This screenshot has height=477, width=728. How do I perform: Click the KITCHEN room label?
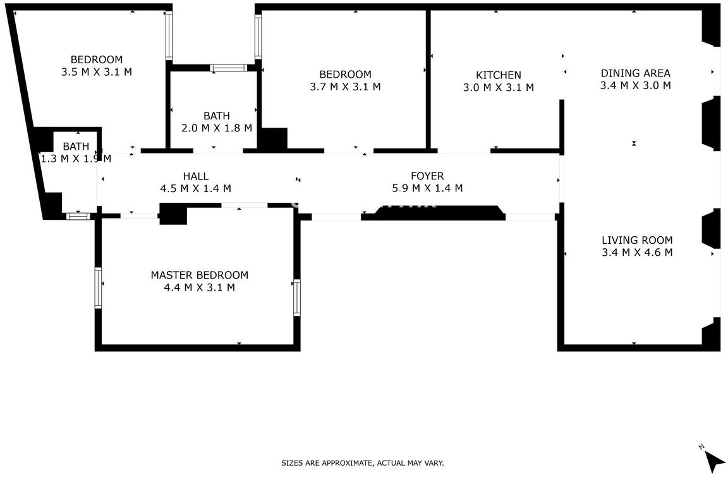coord(498,75)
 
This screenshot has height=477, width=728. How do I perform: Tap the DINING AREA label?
coord(635,73)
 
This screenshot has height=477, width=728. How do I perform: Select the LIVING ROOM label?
coord(637,240)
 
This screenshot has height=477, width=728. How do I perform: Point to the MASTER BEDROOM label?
coord(199,275)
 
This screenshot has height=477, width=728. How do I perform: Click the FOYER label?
coord(427,176)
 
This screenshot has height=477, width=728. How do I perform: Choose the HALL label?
coord(195,176)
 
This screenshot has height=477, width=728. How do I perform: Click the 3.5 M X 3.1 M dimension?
coord(97,72)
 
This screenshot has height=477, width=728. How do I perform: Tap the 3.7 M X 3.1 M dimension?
coord(345,87)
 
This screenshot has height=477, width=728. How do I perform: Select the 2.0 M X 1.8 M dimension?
coord(216,128)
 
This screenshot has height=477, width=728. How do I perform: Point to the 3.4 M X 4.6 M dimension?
coord(637,253)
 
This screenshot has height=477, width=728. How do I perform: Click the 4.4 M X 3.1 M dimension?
coord(199,287)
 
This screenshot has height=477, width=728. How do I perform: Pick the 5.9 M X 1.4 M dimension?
coord(427,188)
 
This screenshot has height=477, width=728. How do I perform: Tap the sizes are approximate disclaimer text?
coord(362,462)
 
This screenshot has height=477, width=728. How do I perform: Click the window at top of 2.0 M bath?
coord(228,68)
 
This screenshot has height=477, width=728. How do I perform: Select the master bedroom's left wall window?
coord(98,287)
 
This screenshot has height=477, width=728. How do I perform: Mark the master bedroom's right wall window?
coord(296,298)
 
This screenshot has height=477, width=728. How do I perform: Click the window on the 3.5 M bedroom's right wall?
coord(169,35)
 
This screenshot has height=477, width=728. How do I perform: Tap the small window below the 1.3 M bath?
coord(78,216)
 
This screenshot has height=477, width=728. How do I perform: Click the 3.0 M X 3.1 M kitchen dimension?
coord(498,87)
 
